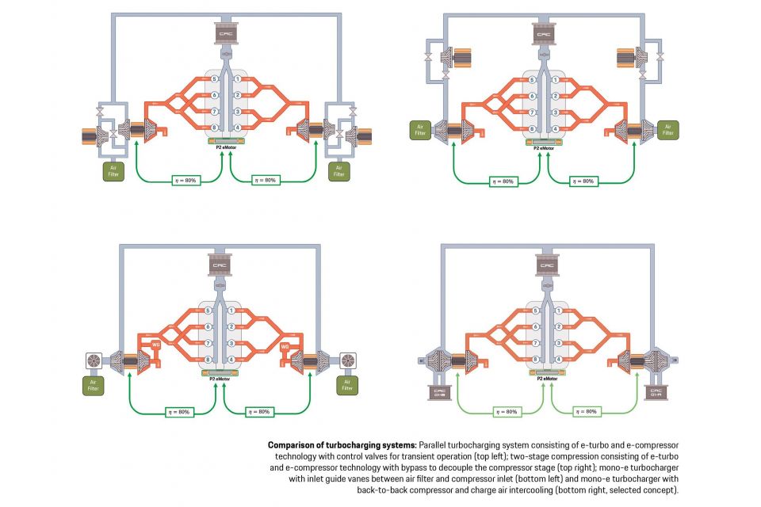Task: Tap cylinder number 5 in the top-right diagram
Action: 533,80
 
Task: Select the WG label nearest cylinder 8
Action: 155,346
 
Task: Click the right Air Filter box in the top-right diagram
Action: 667,129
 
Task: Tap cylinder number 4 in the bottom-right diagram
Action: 560,359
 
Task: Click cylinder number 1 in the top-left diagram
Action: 237,80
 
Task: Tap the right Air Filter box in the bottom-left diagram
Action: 346,386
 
